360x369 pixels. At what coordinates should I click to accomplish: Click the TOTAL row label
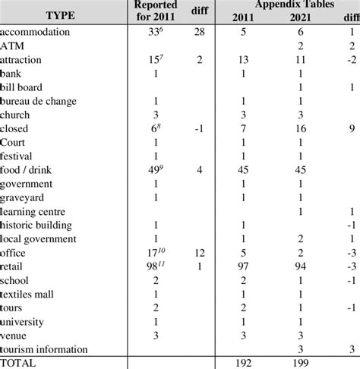tap(23, 363)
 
